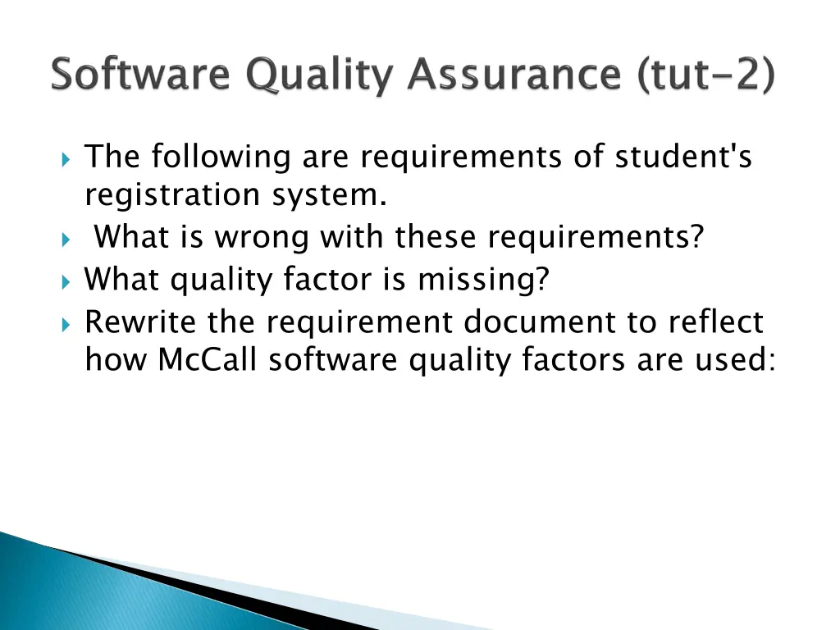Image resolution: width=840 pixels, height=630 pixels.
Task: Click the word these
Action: click(x=438, y=239)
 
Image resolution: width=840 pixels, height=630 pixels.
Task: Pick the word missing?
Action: click(x=484, y=281)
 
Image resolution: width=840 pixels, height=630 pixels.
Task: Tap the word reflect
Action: click(x=715, y=322)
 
